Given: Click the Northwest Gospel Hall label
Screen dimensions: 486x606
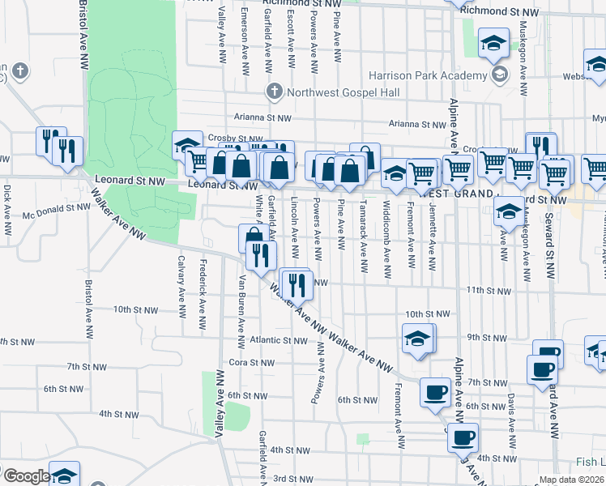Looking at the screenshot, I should click(344, 93).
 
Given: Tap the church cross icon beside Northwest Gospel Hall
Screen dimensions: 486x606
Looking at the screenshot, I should click(275, 91).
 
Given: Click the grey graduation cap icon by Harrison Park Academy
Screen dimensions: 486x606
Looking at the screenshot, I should click(500, 75).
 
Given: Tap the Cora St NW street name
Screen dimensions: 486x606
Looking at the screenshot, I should click(248, 362).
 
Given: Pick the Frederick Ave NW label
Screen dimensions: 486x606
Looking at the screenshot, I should click(203, 287).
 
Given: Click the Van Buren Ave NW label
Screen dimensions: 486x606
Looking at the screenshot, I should click(241, 303).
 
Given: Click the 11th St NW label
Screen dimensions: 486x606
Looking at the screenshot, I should click(489, 290).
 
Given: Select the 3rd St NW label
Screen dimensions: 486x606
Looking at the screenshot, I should click(288, 479).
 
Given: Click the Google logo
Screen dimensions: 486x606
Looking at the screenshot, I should click(26, 476).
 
